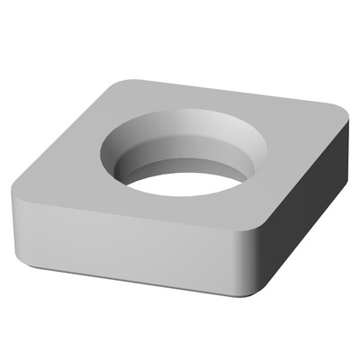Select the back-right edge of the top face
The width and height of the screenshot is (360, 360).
point(234,94)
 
